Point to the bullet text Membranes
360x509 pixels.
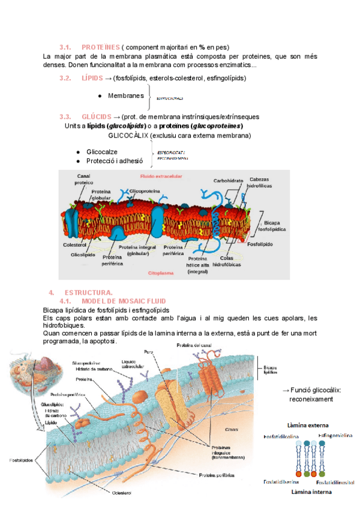tap(126, 96)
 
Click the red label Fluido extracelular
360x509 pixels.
tap(161, 176)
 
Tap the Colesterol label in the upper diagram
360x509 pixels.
tap(75, 245)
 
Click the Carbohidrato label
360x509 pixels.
tap(228, 180)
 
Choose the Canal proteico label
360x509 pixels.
tap(83, 179)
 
